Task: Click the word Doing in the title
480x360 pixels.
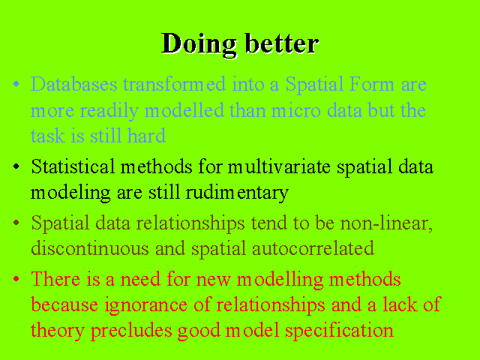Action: (x=199, y=45)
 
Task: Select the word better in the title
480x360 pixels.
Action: (x=282, y=43)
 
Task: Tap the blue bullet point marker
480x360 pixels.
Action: (x=16, y=83)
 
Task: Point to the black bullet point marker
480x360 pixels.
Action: (x=16, y=166)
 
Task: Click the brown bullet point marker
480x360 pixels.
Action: (x=16, y=223)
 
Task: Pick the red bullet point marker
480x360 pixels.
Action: (x=16, y=278)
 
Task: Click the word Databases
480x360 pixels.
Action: (x=74, y=83)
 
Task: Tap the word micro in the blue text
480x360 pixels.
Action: (x=296, y=110)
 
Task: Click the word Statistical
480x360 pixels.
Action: (x=73, y=166)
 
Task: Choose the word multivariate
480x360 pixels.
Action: (x=279, y=166)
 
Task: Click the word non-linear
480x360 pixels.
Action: (x=386, y=223)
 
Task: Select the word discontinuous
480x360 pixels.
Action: (x=90, y=248)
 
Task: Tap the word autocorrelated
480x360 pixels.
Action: (x=313, y=248)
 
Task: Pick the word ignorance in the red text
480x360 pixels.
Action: (x=146, y=305)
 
